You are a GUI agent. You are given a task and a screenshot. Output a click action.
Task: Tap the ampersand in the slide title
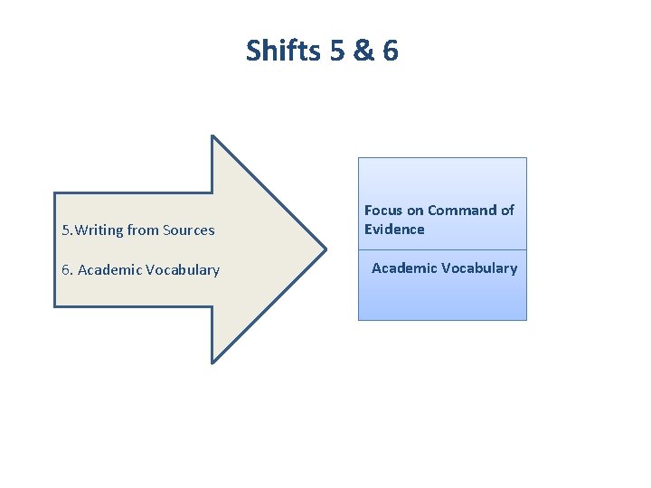point(364,51)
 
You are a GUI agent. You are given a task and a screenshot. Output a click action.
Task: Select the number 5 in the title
point(337,51)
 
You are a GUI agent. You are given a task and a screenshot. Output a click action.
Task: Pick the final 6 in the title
point(390,51)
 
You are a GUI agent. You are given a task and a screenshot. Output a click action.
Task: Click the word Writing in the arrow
point(99,230)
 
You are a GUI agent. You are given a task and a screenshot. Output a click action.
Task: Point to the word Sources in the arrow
point(190,230)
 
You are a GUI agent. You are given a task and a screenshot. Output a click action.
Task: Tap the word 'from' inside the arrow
point(143,230)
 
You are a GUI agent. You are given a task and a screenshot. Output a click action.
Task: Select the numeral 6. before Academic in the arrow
point(67,270)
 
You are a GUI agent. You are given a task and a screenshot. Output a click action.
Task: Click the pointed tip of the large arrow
point(325,249)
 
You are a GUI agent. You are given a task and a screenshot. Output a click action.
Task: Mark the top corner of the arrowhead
point(212,136)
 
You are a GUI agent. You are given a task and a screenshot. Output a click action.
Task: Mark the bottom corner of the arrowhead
point(212,362)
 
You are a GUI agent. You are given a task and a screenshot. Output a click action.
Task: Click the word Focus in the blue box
point(383,211)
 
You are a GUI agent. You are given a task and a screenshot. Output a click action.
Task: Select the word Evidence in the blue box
point(394,230)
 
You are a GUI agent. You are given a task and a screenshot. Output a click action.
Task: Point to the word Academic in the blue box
point(402,268)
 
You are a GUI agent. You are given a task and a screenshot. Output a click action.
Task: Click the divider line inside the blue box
point(442,249)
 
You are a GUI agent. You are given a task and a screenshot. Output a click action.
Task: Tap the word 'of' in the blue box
point(507,211)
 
